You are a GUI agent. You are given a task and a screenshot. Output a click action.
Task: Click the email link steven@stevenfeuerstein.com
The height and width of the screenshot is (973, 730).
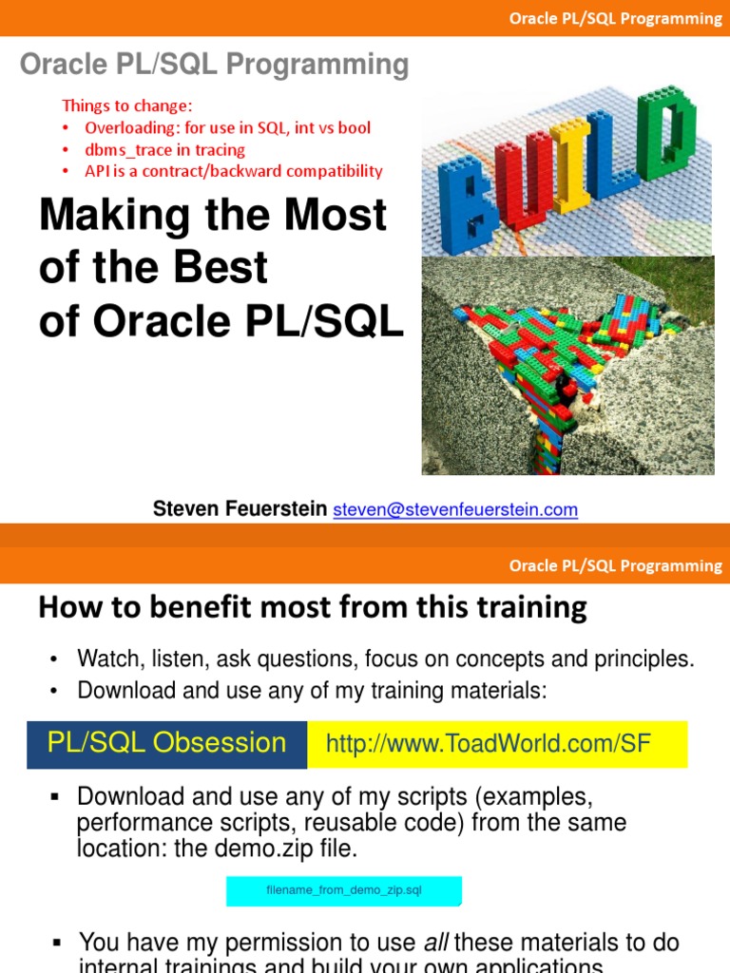(x=455, y=510)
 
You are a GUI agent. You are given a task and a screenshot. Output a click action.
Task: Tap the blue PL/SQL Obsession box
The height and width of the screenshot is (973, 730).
(x=167, y=743)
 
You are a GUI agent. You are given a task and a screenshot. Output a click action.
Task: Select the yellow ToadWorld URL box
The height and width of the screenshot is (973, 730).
(x=496, y=744)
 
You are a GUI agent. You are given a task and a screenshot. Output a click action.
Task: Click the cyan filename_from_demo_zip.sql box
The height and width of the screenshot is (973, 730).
(x=343, y=891)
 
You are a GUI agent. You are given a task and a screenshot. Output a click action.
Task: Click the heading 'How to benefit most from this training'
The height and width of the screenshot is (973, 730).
(x=312, y=607)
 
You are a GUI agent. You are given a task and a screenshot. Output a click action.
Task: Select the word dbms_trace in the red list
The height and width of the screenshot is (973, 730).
(x=124, y=149)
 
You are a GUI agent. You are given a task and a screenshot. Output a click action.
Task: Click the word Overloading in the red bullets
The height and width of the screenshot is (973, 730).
(x=125, y=127)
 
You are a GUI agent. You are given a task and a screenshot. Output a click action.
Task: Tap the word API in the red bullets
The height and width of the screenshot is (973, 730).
(x=98, y=171)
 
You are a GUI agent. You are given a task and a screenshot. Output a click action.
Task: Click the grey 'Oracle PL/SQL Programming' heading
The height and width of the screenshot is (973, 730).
(x=215, y=65)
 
